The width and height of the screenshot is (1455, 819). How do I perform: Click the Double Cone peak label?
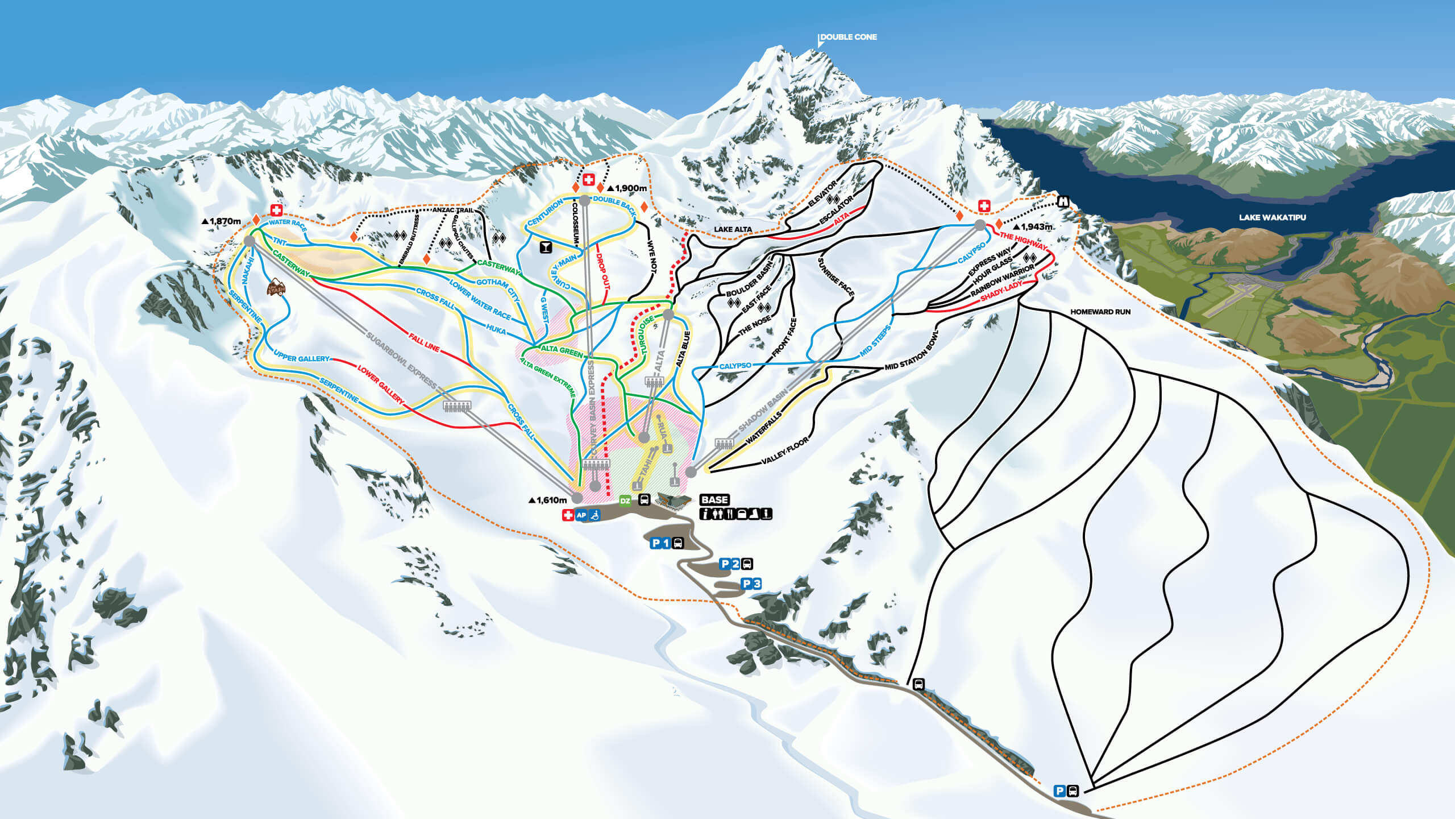[x=848, y=37]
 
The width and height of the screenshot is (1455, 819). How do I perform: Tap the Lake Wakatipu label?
[x=1272, y=217]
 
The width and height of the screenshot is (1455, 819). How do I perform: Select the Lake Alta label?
[x=733, y=229]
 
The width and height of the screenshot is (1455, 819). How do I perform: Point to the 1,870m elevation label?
[x=222, y=221]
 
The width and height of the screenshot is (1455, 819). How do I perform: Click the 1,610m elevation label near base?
[x=548, y=500]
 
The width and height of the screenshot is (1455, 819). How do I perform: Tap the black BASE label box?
[x=714, y=499]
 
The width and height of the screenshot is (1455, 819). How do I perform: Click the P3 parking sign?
[x=751, y=584]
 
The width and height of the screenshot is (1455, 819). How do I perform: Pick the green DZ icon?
[x=625, y=501]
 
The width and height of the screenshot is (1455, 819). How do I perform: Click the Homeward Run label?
[x=1100, y=312]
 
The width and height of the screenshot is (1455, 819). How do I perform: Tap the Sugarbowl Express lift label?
[x=401, y=362]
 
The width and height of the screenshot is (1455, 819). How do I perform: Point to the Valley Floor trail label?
[x=784, y=451]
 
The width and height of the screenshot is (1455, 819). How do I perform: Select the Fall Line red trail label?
[x=424, y=343]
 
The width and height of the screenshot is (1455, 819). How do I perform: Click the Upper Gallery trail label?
[x=301, y=358]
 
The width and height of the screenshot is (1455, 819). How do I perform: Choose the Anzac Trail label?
[x=452, y=210]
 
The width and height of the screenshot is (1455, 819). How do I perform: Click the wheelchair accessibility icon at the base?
[x=595, y=515]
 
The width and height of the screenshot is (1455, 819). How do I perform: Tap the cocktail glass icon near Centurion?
[x=546, y=247]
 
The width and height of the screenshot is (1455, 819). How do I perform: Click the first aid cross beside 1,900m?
[x=589, y=180]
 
